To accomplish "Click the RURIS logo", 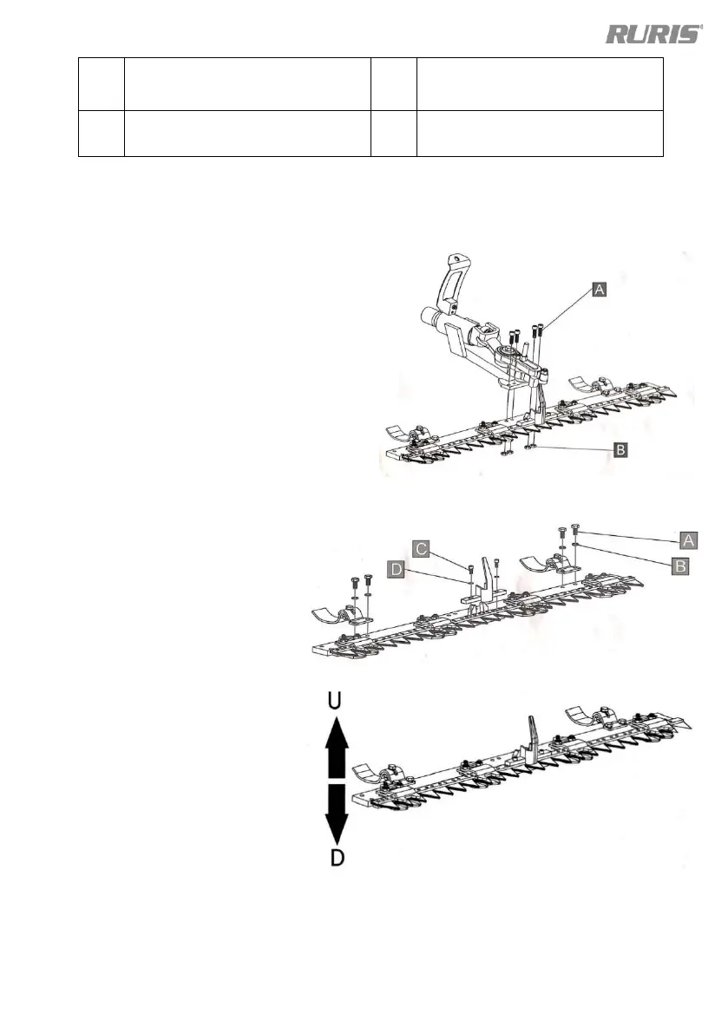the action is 653,35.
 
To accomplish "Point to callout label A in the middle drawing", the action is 688,540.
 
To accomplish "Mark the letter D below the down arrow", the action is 337,860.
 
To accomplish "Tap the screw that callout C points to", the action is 469,568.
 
